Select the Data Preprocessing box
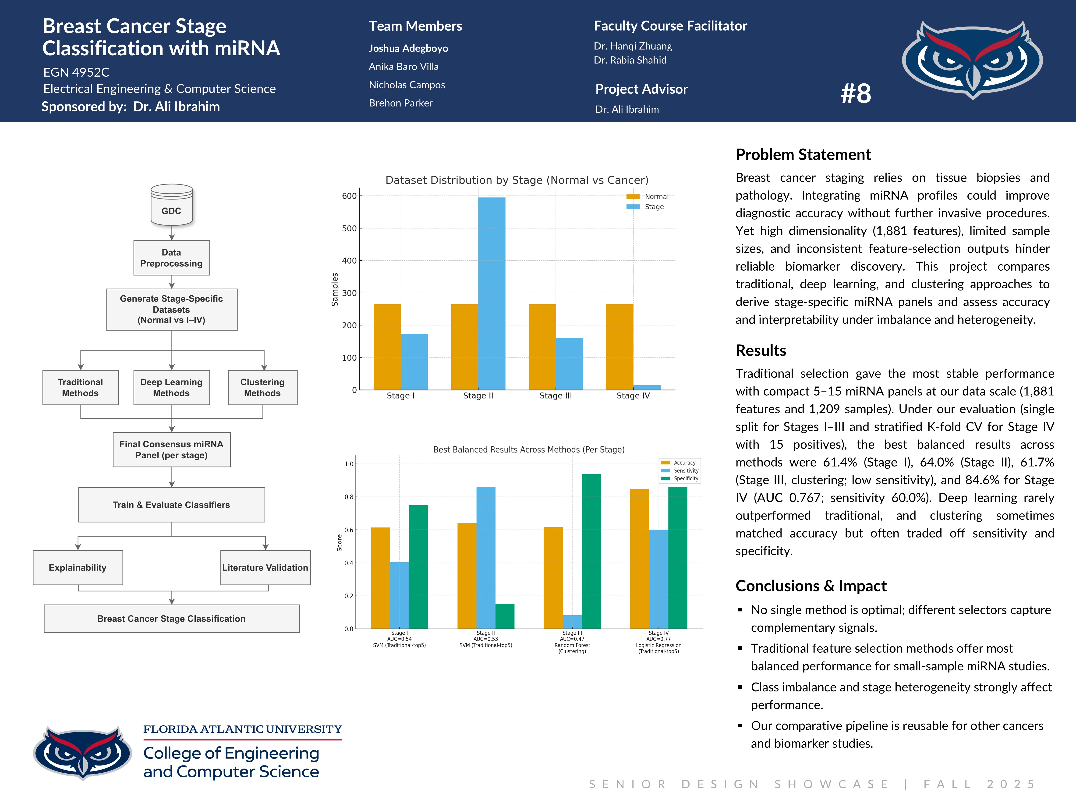pyautogui.click(x=172, y=258)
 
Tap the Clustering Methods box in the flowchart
pyautogui.click(x=263, y=388)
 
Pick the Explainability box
pyautogui.click(x=78, y=568)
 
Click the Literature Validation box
pyautogui.click(x=265, y=568)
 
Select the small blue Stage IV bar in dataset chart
pyautogui.click(x=647, y=387)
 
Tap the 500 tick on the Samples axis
pyautogui.click(x=349, y=228)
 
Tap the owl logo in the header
pyautogui.click(x=972, y=59)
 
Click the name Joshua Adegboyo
pyautogui.click(x=408, y=48)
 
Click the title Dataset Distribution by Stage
pyautogui.click(x=517, y=180)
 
